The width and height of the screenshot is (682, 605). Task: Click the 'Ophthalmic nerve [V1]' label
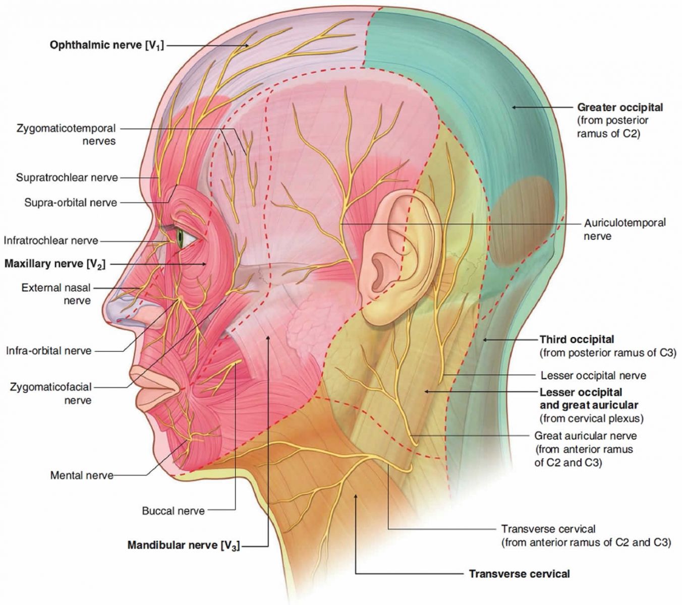click(x=107, y=45)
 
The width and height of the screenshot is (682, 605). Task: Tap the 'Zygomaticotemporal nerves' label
click(x=66, y=134)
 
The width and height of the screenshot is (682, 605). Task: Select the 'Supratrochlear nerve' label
click(x=67, y=177)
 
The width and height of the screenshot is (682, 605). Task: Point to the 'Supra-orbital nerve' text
click(x=71, y=203)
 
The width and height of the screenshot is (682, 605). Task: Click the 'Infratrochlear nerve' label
click(x=51, y=240)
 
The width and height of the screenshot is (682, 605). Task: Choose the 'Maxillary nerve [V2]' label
click(x=55, y=264)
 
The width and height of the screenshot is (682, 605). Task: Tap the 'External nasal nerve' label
click(x=56, y=294)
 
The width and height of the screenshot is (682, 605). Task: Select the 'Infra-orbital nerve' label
click(x=49, y=351)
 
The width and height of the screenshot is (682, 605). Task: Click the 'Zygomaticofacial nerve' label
click(x=51, y=393)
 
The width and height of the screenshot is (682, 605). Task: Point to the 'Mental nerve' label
click(x=82, y=475)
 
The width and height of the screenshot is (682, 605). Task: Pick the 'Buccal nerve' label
click(x=174, y=511)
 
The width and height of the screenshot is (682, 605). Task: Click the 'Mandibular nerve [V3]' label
click(x=184, y=545)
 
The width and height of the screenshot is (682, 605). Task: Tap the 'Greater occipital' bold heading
click(x=620, y=107)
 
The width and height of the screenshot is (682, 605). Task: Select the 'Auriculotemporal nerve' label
click(x=624, y=229)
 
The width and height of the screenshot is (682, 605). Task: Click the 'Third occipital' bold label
click(x=577, y=339)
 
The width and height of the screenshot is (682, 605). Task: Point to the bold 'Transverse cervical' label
click(x=520, y=573)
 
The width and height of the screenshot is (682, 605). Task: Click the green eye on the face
click(x=181, y=238)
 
